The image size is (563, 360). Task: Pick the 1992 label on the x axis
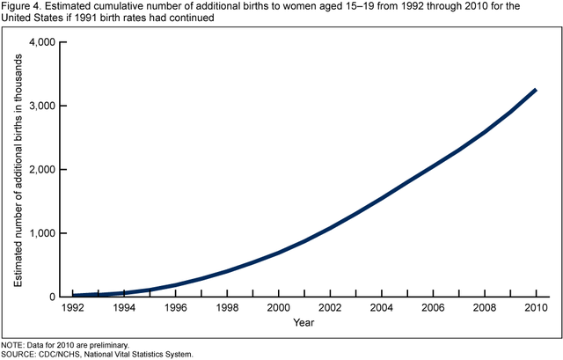coord(73,309)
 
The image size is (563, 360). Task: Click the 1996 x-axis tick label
coord(176,309)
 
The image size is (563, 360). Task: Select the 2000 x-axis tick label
coord(279,309)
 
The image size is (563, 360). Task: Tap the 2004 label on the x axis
coord(382,309)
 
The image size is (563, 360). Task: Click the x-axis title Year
coord(304,323)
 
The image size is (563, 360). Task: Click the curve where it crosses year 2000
coord(279,253)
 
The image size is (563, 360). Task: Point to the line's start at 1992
coord(73,296)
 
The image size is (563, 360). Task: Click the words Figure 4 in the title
coord(21,6)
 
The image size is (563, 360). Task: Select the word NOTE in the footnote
coord(13,345)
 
